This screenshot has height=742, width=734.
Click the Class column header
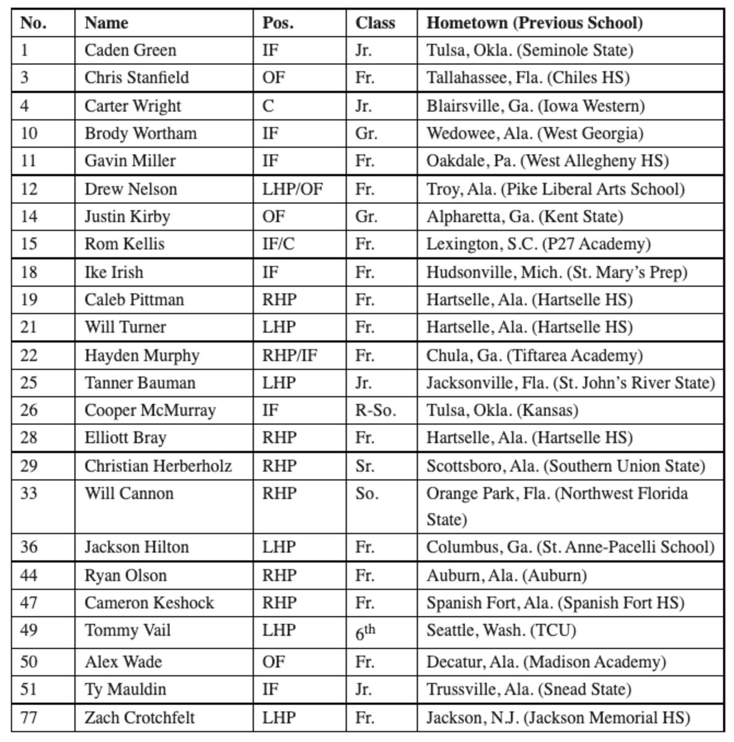click(x=375, y=23)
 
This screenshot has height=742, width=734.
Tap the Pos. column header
click(x=278, y=23)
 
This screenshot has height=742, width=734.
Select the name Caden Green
click(x=130, y=50)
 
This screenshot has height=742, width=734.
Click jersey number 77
click(x=29, y=717)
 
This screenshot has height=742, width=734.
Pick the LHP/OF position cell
click(x=292, y=189)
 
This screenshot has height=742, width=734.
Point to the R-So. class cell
click(x=375, y=410)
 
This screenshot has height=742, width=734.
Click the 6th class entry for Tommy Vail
click(x=365, y=631)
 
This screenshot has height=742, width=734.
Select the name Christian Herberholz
click(x=158, y=466)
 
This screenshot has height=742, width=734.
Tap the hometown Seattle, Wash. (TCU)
click(x=501, y=630)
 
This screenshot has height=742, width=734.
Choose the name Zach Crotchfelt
click(x=140, y=717)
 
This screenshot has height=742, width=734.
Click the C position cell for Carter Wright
click(x=268, y=106)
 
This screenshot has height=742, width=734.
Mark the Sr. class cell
click(x=365, y=466)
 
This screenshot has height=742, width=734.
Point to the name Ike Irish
click(x=114, y=272)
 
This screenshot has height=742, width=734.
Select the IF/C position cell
click(x=278, y=244)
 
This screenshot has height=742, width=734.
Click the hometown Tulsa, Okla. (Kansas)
click(x=502, y=410)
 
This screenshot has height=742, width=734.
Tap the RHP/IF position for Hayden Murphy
click(x=290, y=356)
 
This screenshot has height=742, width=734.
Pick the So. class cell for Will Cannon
click(x=366, y=493)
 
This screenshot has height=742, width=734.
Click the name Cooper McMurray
click(x=150, y=410)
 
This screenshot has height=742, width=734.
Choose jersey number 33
click(x=29, y=493)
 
